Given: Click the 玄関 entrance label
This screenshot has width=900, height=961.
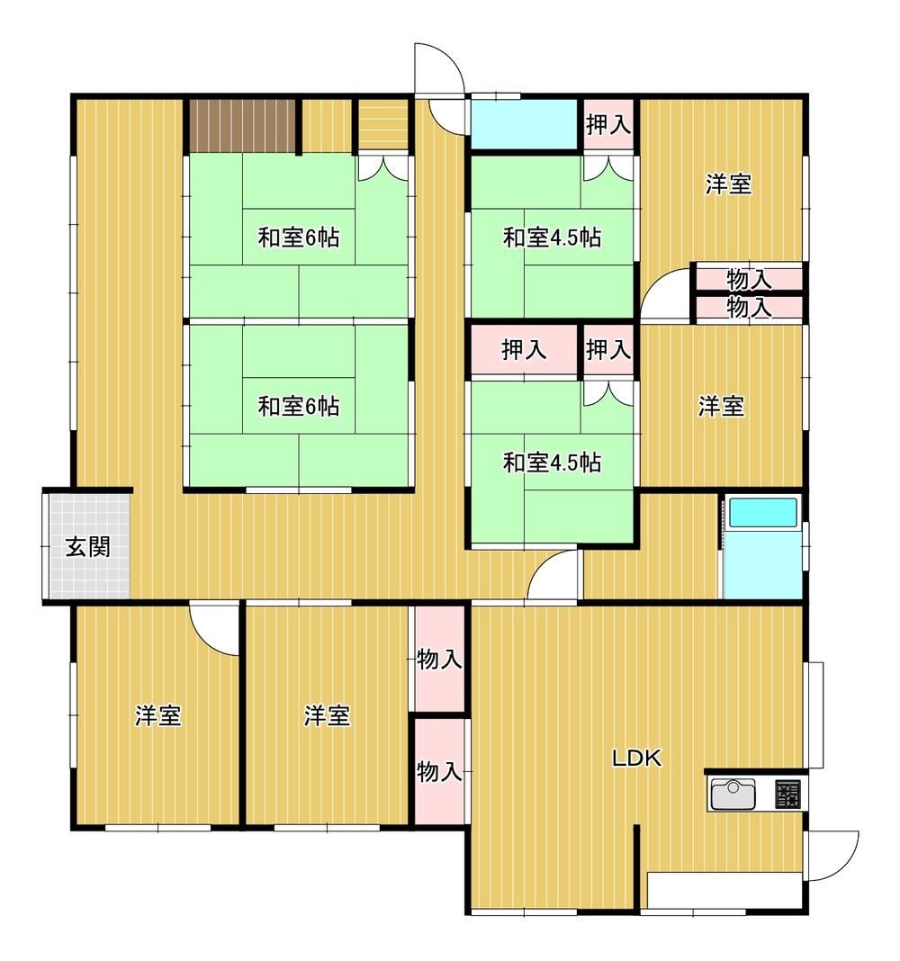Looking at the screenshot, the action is [x=88, y=546].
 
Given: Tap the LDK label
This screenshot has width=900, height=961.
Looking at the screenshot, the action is [x=637, y=759].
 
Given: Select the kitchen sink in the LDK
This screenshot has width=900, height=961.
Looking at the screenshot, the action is [x=733, y=794].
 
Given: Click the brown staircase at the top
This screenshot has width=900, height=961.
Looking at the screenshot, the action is [x=243, y=125].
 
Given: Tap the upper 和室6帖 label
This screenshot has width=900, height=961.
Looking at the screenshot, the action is [x=299, y=238].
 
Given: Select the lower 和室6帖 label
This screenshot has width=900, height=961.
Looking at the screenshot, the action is [x=299, y=406].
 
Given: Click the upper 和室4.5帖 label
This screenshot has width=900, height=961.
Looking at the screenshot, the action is [x=552, y=238].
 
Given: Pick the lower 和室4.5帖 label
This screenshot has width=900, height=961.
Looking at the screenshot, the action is [x=552, y=463].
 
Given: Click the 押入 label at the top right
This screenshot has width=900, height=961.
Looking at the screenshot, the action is [x=608, y=124].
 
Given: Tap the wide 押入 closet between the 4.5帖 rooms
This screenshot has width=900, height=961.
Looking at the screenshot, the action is [x=524, y=350].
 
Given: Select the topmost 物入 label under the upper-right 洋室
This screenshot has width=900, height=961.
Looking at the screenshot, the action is [x=749, y=280].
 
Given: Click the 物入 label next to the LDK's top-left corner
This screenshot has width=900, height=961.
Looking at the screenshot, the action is [x=439, y=660].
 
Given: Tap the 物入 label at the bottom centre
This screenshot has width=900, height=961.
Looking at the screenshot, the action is [x=439, y=772].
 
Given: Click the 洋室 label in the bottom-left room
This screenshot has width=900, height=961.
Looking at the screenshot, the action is [x=158, y=715].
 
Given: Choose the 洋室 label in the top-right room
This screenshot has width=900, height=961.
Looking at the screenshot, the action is [x=728, y=184].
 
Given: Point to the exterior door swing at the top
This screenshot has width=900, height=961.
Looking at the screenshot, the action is [x=438, y=68].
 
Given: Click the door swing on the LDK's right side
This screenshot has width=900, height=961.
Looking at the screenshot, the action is [x=832, y=856].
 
